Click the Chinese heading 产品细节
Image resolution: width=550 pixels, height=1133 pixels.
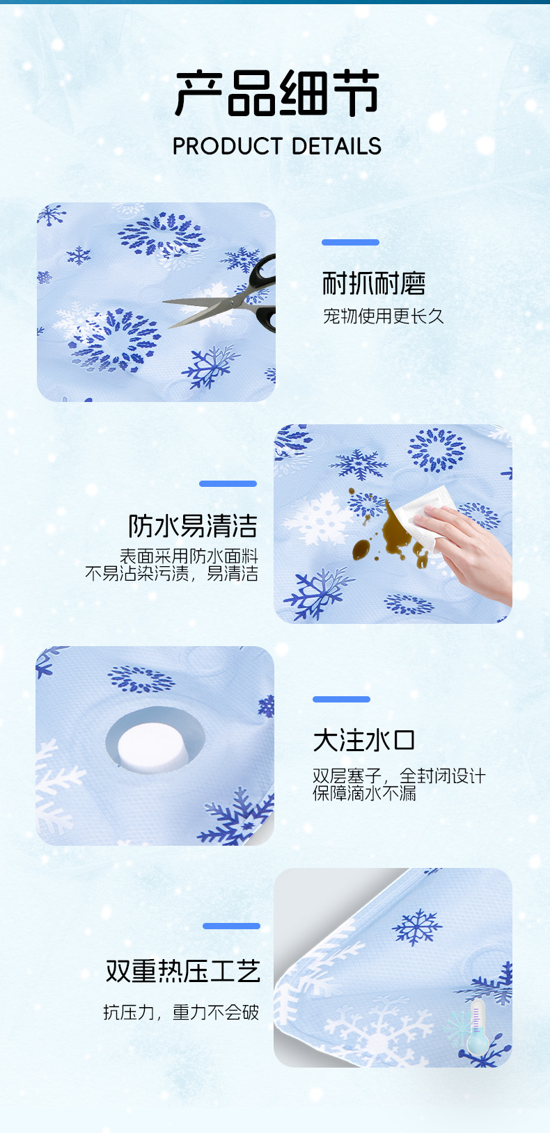click(x=276, y=94)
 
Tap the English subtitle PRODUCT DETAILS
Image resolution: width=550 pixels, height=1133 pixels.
click(x=276, y=146)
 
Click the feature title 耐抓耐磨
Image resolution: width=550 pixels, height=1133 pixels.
click(x=374, y=283)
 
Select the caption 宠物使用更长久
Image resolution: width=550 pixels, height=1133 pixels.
click(x=384, y=316)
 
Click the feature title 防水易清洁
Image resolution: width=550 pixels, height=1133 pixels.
click(x=193, y=526)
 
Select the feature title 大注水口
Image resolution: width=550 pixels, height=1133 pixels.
click(x=364, y=741)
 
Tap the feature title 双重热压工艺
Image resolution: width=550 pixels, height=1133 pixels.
click(x=183, y=971)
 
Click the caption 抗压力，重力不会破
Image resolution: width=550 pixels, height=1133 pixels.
click(x=181, y=1012)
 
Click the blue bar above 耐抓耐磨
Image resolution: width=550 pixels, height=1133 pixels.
click(x=350, y=242)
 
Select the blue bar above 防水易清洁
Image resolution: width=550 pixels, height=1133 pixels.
click(x=228, y=483)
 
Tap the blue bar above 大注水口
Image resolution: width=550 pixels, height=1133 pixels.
click(x=341, y=699)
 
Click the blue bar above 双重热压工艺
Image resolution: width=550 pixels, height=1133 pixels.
click(x=231, y=926)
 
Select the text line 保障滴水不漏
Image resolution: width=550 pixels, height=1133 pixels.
click(x=364, y=793)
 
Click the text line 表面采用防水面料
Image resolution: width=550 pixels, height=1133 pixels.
click(x=189, y=556)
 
